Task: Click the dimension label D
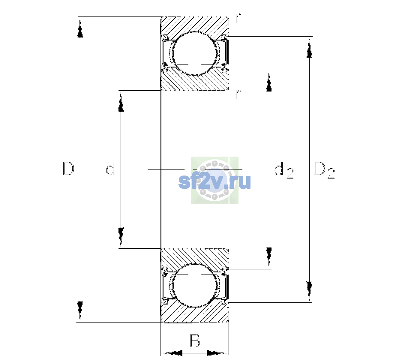(x=68, y=169)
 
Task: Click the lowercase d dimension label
(x=110, y=169)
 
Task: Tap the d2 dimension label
(x=284, y=170)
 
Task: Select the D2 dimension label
(x=324, y=170)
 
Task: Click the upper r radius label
(x=238, y=18)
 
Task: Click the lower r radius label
(x=238, y=94)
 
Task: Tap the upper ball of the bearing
(x=195, y=54)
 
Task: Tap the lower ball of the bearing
(x=195, y=285)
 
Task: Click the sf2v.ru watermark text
(x=214, y=181)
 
